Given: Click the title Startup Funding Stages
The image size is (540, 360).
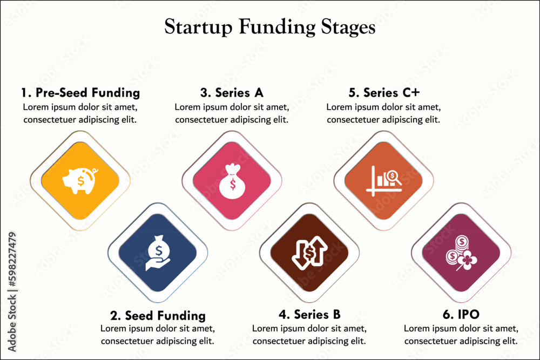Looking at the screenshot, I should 269,27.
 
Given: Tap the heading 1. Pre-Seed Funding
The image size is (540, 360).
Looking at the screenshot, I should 80,92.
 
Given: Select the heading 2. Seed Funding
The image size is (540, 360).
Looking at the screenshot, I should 158,315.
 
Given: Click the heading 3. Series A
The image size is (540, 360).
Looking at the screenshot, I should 232,92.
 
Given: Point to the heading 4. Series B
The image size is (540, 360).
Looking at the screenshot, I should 309,315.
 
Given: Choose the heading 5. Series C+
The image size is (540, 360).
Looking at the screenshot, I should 383,92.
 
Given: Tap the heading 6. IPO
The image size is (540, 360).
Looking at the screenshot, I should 461,315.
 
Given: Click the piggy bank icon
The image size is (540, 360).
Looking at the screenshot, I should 80,180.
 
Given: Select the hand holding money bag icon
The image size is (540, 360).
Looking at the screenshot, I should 158,251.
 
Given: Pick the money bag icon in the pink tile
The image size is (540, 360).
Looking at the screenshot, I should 232,180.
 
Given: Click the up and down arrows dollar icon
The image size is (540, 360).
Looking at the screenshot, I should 309,252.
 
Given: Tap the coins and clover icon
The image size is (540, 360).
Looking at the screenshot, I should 461,252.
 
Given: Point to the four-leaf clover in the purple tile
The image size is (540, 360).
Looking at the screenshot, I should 468,260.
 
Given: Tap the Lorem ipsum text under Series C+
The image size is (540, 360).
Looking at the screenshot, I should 383,113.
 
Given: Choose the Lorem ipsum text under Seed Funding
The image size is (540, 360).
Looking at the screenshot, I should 158,335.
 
